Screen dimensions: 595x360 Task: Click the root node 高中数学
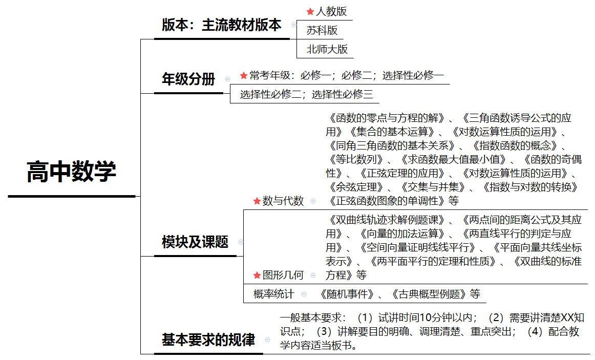(71, 172)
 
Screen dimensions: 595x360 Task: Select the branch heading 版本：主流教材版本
(222, 25)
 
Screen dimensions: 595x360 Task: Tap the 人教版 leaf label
(331, 11)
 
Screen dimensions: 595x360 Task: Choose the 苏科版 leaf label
(322, 30)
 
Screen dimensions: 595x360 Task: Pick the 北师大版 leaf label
(327, 49)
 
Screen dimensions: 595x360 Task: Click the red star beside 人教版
(310, 12)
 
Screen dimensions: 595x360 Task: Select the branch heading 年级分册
(188, 79)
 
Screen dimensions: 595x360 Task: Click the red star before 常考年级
(244, 75)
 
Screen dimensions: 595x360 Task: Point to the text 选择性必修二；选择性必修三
(307, 94)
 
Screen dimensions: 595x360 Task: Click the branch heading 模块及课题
(195, 242)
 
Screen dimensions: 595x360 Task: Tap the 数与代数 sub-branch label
(283, 201)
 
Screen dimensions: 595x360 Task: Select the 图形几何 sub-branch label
(283, 275)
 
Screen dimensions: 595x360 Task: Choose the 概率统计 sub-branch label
(273, 294)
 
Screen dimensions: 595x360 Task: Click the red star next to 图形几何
(257, 276)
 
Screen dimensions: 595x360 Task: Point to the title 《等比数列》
(356, 159)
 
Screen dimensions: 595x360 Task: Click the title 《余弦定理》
(356, 187)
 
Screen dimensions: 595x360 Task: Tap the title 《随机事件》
(347, 294)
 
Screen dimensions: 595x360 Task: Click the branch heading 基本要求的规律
(208, 340)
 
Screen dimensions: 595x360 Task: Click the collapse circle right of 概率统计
(304, 294)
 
